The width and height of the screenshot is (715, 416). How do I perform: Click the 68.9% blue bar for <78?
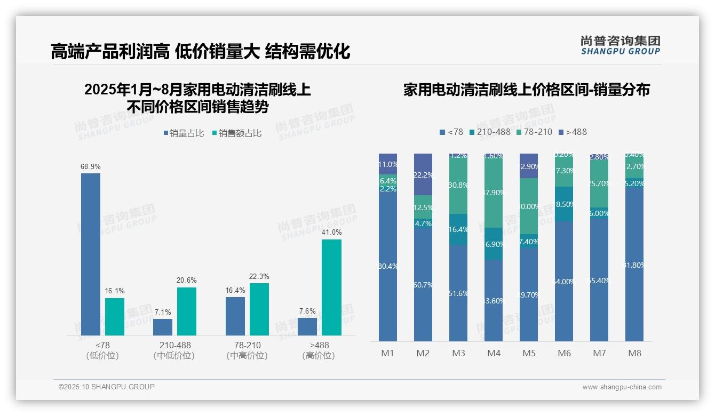[91, 254]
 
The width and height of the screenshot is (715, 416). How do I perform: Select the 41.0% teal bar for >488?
[331, 287]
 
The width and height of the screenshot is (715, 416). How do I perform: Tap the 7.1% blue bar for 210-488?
[163, 327]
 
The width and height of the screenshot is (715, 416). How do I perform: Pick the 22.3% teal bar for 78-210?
[259, 309]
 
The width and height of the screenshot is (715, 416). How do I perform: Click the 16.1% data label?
[114, 291]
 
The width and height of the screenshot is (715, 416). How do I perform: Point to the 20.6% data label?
[187, 281]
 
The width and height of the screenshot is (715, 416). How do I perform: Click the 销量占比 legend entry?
[184, 133]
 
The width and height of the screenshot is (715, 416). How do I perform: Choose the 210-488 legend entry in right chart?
[489, 132]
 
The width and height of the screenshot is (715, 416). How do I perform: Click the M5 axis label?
[529, 353]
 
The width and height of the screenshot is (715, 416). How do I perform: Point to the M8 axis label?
[634, 353]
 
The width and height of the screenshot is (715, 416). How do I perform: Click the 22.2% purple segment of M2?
[423, 174]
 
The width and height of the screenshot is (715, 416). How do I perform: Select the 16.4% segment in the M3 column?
[458, 229]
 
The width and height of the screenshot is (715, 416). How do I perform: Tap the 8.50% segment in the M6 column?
[564, 204]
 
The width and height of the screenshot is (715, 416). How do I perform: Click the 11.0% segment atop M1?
[388, 164]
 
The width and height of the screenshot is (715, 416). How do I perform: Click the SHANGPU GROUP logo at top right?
[620, 45]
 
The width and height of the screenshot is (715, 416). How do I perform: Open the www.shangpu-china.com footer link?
[622, 387]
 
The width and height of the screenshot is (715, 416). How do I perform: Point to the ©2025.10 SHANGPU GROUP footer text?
[107, 387]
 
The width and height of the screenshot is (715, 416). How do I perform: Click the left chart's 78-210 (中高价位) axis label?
[247, 350]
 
